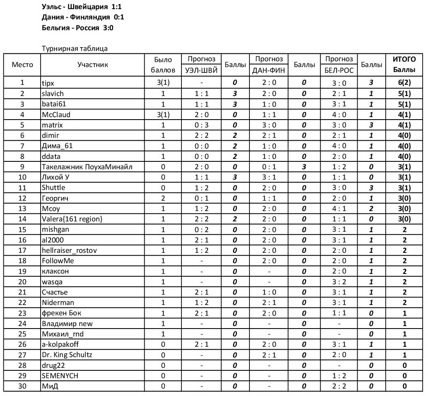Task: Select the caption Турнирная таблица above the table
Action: pos(75,48)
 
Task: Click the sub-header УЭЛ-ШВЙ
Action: pos(201,70)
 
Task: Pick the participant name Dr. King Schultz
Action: pos(67,355)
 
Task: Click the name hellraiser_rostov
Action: pos(70,250)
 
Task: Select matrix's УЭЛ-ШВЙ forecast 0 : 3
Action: pos(201,125)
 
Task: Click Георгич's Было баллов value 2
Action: pos(163,198)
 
